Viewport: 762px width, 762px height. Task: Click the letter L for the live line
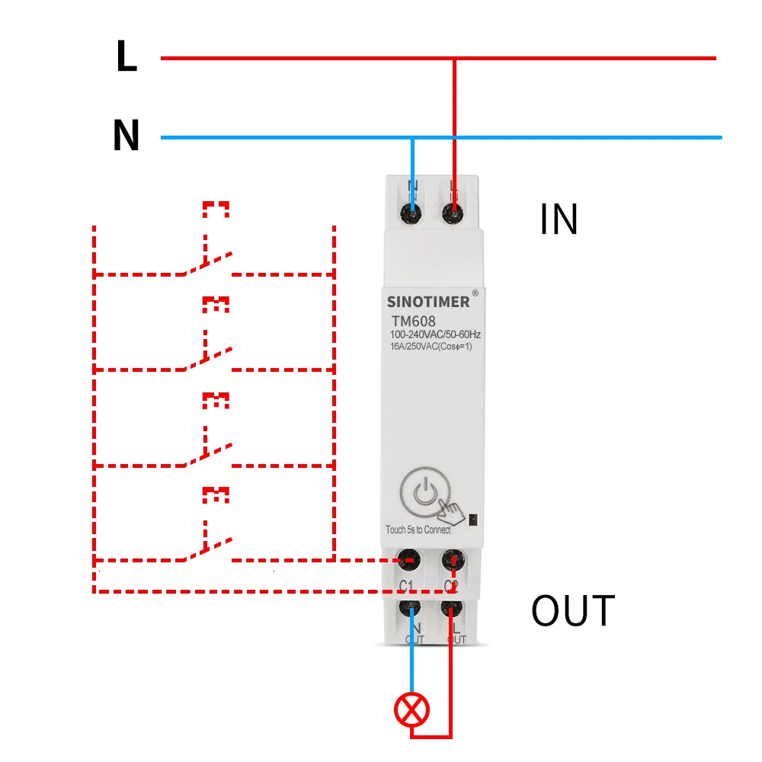(126, 56)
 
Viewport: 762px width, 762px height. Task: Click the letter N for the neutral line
(126, 136)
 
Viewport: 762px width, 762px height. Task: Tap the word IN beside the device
(559, 219)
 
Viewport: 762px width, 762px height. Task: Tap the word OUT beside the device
(573, 610)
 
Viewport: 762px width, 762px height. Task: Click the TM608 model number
(414, 321)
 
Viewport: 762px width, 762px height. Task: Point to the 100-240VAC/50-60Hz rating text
(436, 335)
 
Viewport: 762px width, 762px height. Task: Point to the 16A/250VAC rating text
(432, 347)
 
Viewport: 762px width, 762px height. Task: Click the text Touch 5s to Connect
(418, 530)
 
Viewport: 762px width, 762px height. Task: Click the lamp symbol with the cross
(411, 711)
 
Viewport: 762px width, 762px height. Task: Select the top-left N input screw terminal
(412, 214)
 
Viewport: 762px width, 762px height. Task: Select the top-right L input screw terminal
(454, 214)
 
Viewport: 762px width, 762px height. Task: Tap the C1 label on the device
(406, 585)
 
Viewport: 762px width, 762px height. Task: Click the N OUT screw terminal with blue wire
(411, 608)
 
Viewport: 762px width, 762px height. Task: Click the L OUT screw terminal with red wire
(453, 608)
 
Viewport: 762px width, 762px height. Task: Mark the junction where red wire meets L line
(455, 58)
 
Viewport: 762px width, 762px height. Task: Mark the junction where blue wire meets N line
(412, 138)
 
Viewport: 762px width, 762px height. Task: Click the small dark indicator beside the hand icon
(472, 519)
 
